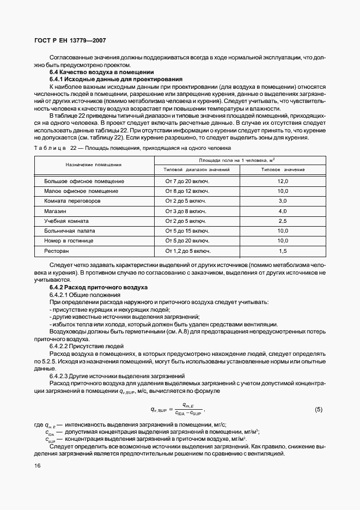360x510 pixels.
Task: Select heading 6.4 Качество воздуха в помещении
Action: coord(101,72)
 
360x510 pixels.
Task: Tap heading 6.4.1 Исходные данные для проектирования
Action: coord(115,80)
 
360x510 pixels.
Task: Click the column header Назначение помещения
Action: coord(94,164)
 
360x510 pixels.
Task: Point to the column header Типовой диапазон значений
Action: coord(193,169)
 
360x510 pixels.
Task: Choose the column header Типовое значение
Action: coord(283,169)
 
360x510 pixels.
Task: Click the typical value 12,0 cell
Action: coord(283,181)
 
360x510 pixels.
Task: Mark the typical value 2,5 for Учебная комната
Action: coord(283,221)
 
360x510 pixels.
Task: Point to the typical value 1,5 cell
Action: coord(283,251)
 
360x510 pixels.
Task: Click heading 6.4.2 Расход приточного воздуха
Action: coord(99,287)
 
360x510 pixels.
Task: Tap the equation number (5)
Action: coord(319,409)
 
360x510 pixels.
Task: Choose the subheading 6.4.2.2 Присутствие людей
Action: coord(87,346)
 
